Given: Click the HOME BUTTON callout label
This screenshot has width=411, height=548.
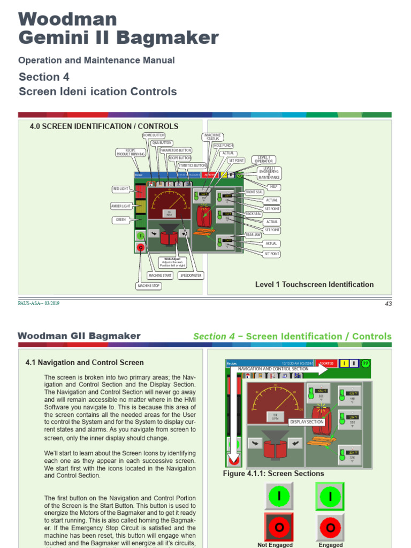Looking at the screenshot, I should [x=154, y=135].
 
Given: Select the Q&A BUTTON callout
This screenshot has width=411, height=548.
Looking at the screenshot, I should [x=162, y=143].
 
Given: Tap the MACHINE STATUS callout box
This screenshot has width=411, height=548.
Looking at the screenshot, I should [x=213, y=137].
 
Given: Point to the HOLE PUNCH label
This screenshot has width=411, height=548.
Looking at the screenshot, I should [x=223, y=146].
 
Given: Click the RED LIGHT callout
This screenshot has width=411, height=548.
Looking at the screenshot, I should [x=120, y=189].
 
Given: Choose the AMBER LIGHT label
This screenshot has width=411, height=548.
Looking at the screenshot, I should [x=120, y=206].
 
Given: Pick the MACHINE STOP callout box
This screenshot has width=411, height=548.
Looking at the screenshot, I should [x=148, y=286].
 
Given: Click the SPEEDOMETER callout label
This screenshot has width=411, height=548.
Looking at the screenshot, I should [x=191, y=275].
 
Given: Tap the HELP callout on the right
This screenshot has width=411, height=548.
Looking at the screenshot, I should [x=274, y=186].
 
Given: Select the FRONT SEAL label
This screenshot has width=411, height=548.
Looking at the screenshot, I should [x=254, y=192].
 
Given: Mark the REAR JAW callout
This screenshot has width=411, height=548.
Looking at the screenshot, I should [x=253, y=235].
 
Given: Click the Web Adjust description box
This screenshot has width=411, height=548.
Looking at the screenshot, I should [x=172, y=262].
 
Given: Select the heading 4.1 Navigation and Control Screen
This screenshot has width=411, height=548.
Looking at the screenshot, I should [x=85, y=362].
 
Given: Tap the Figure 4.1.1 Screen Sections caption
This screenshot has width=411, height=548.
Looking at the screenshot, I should [x=273, y=473].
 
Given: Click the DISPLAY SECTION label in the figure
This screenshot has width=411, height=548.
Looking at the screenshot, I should [x=307, y=422].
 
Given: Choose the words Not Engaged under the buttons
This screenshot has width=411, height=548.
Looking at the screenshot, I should [x=275, y=544].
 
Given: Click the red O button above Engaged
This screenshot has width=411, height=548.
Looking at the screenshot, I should [x=330, y=527].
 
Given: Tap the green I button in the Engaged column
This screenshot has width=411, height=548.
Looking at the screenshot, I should [x=330, y=497].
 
